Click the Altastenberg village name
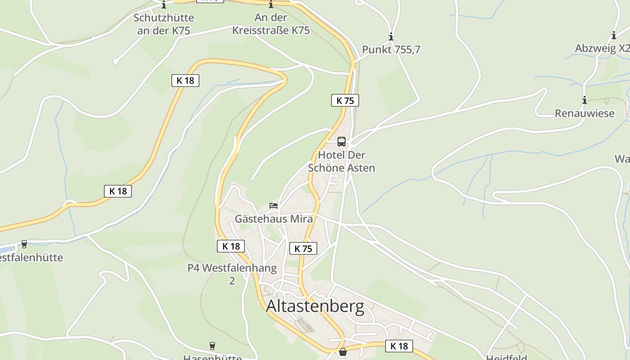tap(315, 306)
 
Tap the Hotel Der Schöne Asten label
tap(342, 161)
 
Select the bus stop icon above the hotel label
tap(342, 142)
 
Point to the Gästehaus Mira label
tap(274, 219)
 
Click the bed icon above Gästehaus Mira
tap(274, 206)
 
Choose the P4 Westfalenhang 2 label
tap(232, 274)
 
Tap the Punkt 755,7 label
tap(391, 49)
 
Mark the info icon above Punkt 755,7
tap(391, 36)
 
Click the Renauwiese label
tap(585, 113)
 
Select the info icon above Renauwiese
tap(585, 100)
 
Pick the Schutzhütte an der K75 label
tap(164, 24)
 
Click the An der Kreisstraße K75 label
tap(271, 24)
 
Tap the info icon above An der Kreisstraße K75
tap(271, 5)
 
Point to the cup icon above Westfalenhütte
tap(24, 244)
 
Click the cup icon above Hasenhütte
tap(212, 346)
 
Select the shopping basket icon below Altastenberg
tap(343, 352)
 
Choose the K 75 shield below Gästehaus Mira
tap(303, 248)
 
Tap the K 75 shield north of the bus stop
tap(345, 100)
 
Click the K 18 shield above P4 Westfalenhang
tap(231, 246)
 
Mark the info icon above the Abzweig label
tap(614, 35)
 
